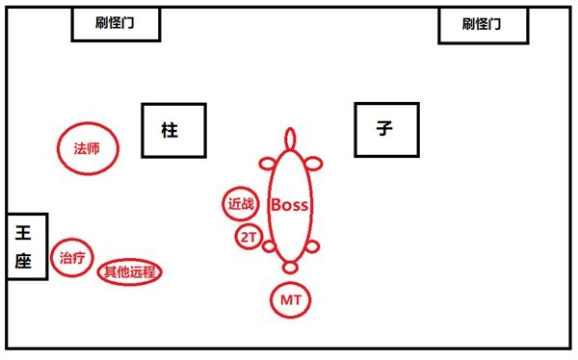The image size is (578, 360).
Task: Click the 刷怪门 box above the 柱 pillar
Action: click(x=116, y=25)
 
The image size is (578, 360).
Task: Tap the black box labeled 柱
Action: click(x=173, y=131)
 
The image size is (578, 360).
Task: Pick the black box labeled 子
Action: click(x=386, y=129)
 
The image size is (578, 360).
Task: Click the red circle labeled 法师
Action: click(x=87, y=149)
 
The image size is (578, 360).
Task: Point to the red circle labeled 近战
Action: click(x=241, y=204)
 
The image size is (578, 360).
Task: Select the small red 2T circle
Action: click(x=248, y=236)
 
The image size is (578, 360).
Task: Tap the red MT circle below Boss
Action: click(x=291, y=301)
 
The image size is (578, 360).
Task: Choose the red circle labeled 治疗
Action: click(x=71, y=258)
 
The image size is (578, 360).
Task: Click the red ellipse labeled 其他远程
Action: click(x=130, y=272)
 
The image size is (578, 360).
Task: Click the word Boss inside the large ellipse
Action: click(x=289, y=204)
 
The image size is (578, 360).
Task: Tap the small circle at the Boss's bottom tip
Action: click(x=290, y=267)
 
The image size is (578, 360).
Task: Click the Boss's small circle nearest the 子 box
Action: click(x=313, y=162)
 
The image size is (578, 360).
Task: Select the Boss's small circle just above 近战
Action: click(x=267, y=162)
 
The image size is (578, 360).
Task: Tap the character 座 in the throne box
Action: click(x=25, y=261)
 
